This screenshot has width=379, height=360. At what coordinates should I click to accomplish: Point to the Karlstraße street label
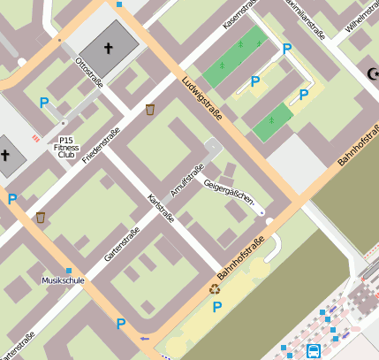click(160, 208)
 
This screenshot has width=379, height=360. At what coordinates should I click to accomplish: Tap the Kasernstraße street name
click(239, 15)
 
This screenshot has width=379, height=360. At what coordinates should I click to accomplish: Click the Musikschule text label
click(63, 280)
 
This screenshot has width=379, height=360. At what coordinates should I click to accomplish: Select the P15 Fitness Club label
click(66, 147)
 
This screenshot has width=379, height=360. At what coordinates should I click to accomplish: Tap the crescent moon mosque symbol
click(373, 76)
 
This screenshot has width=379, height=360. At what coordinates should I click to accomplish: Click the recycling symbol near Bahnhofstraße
click(214, 288)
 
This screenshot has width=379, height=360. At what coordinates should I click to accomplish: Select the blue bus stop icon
click(313, 351)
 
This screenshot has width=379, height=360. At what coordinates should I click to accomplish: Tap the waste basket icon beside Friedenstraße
click(150, 110)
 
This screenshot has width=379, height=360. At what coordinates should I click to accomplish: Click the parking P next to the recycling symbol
click(216, 307)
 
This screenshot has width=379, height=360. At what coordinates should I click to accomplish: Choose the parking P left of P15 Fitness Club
click(44, 103)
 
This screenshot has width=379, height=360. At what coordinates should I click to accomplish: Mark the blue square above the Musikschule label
click(68, 270)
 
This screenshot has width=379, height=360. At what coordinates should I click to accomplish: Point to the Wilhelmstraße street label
click(361, 17)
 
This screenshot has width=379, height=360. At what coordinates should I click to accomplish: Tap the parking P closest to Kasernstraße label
click(285, 50)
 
